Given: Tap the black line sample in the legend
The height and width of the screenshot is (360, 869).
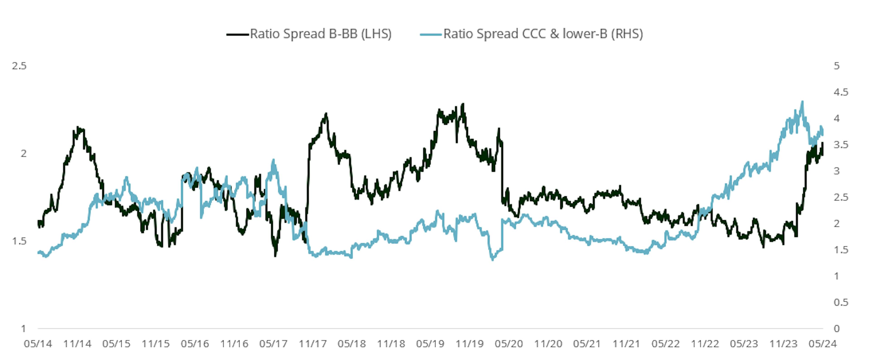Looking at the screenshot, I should (237, 34).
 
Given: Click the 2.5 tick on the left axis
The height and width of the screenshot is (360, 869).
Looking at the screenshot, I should (19, 66).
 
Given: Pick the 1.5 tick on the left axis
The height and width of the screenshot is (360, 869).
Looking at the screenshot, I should (19, 241).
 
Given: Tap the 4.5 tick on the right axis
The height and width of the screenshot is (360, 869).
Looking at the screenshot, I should (841, 92).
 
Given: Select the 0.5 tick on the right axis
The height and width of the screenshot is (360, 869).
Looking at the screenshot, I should (841, 302).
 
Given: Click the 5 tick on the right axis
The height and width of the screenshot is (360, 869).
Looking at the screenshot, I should (837, 66).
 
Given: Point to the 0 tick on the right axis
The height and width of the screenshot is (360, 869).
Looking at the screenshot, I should (837, 329).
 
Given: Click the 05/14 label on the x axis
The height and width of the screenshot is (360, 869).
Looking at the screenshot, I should (38, 344).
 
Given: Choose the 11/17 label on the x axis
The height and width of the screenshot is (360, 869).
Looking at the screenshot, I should (313, 344).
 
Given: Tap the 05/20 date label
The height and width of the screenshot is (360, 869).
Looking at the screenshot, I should (509, 344).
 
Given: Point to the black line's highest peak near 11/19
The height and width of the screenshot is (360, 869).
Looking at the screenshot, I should (463, 104).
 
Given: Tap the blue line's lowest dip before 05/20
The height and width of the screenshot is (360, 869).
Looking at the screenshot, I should (492, 260).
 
